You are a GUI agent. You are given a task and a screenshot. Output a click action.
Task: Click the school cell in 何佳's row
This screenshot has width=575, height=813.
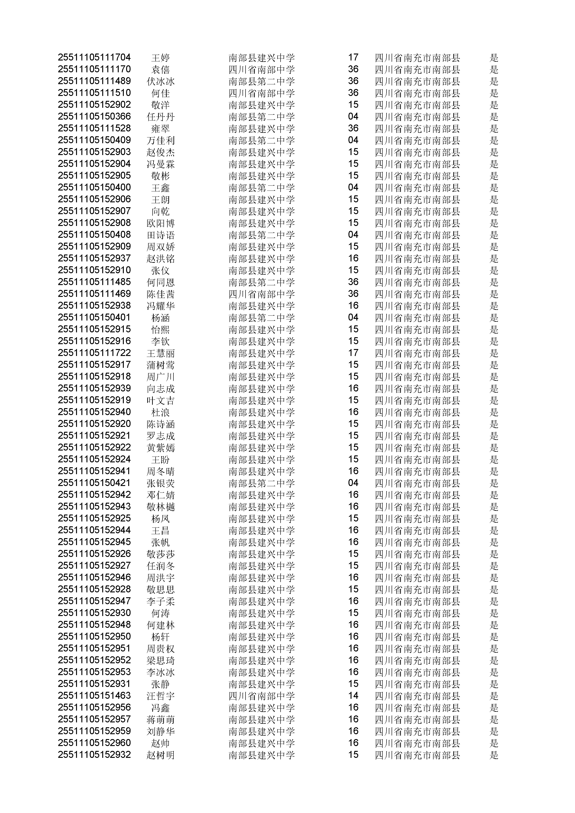pos(262,93)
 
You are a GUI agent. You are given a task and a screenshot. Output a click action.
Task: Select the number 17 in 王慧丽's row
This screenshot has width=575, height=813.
pos(353,353)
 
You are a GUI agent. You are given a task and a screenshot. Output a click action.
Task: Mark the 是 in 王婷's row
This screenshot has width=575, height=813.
pos(494,57)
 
